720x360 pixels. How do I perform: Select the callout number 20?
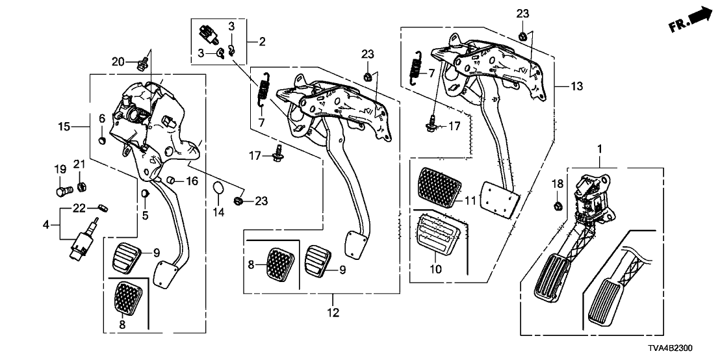point(118,62)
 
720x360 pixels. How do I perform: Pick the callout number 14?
point(218,212)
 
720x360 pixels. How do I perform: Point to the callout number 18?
point(558,184)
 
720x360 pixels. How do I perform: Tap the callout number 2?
point(262,42)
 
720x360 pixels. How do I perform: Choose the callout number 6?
point(101,118)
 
